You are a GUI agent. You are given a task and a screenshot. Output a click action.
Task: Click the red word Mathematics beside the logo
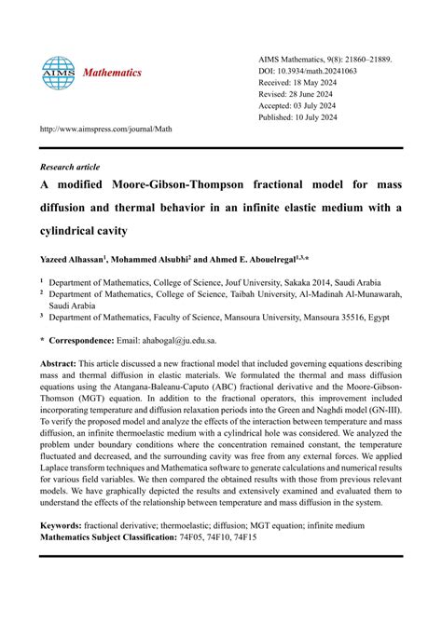111,72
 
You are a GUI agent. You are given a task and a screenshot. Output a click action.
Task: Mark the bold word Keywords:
62,526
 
